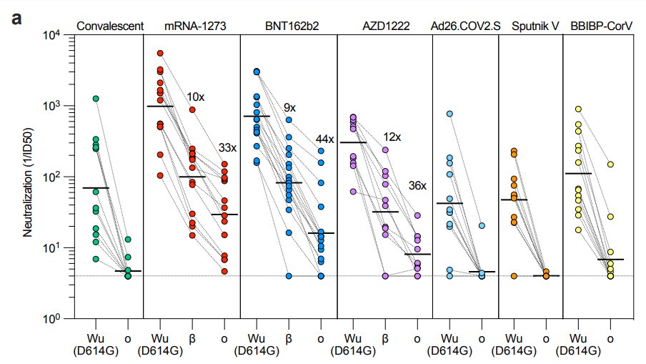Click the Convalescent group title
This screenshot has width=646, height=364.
(110, 27)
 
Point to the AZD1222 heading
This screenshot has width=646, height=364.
(384, 27)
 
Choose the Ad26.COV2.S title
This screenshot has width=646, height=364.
(465, 27)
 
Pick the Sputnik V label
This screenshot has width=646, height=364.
(531, 27)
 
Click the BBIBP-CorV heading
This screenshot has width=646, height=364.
(600, 27)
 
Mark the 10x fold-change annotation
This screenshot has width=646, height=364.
(197, 97)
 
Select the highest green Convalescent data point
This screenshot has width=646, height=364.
(95, 99)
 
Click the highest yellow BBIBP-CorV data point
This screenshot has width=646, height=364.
(578, 109)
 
